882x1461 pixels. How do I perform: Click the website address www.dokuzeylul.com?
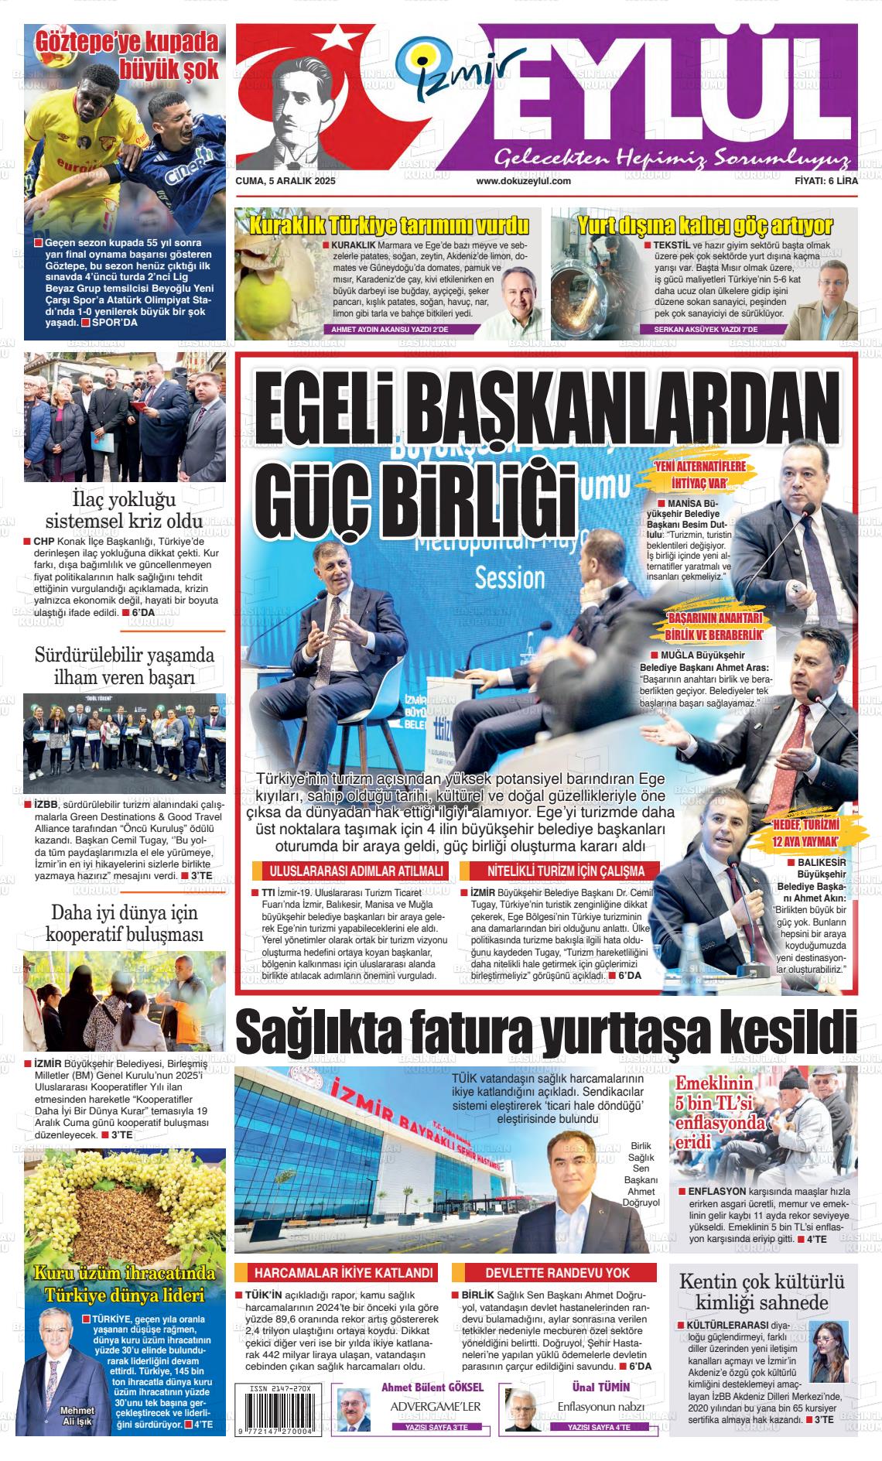pyautogui.click(x=523, y=181)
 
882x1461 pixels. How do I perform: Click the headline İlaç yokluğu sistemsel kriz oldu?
pyautogui.click(x=124, y=508)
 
